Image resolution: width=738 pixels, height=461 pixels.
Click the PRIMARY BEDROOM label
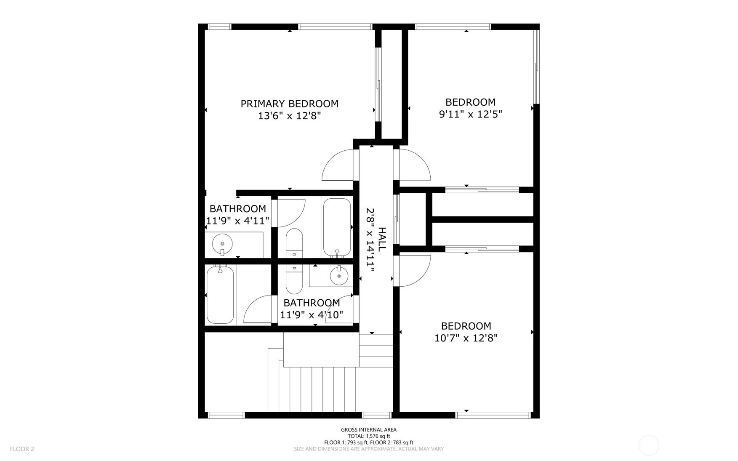289,104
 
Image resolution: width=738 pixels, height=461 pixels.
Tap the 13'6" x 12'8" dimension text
289,116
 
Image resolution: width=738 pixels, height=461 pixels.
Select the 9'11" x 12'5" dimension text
470,114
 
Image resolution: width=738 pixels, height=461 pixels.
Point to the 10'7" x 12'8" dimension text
466,338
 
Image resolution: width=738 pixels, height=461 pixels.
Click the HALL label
382,240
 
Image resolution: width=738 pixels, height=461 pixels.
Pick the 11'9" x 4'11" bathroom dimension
237,221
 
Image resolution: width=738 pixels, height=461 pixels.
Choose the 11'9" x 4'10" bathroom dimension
312,314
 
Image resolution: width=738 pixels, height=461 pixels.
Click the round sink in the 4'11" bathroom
222,243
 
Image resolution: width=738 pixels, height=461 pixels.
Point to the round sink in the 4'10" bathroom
339,276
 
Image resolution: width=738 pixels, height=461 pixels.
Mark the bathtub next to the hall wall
336,227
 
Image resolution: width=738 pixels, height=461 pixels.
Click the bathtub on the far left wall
220,295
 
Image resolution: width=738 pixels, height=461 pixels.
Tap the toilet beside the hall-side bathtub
294,243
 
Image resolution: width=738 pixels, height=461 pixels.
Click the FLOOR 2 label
22,449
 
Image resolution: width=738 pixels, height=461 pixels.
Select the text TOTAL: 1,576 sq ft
369,436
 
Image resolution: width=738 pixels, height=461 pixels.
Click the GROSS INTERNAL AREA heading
369,430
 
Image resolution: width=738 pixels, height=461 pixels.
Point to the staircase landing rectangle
321,349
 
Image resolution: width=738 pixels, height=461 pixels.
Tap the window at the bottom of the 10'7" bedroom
493,415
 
